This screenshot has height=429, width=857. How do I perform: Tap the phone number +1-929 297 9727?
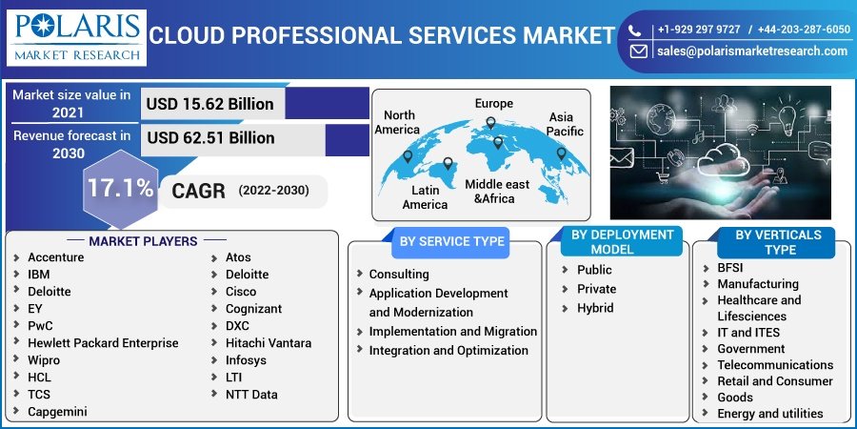coord(698,30)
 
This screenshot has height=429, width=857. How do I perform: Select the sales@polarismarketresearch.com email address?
coord(751,51)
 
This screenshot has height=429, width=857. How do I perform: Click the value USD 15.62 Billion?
coord(209,104)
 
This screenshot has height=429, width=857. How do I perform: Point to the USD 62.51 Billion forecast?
coord(210,138)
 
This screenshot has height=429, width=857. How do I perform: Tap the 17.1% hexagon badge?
coord(120,188)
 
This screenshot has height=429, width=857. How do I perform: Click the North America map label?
coord(397,122)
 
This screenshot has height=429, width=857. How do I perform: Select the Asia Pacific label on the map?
coord(566,124)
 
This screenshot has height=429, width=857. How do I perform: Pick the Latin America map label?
coord(425,197)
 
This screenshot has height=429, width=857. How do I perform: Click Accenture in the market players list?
coord(55,257)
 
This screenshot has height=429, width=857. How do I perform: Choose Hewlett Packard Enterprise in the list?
coord(103,343)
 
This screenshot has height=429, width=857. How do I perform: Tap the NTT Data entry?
coord(251,395)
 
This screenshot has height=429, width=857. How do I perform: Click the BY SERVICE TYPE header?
coord(451,241)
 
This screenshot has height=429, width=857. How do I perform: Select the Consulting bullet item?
coord(399,274)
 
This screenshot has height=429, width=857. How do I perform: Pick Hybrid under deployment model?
coord(595,308)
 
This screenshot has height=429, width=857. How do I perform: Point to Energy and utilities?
coord(770,414)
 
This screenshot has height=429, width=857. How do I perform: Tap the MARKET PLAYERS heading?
coord(143,241)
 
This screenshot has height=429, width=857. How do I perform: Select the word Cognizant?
coord(253,309)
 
